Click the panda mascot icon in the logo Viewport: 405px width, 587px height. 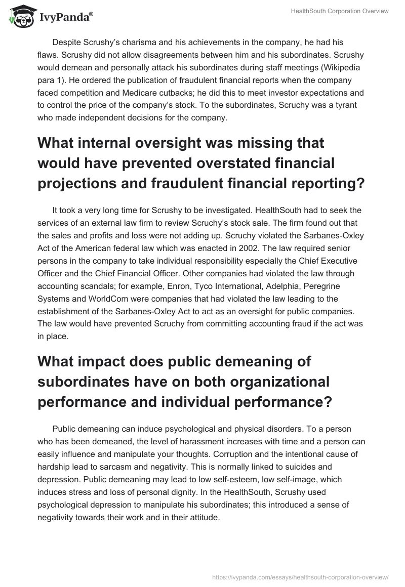point(18,17)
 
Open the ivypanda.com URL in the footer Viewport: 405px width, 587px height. point(300,576)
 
